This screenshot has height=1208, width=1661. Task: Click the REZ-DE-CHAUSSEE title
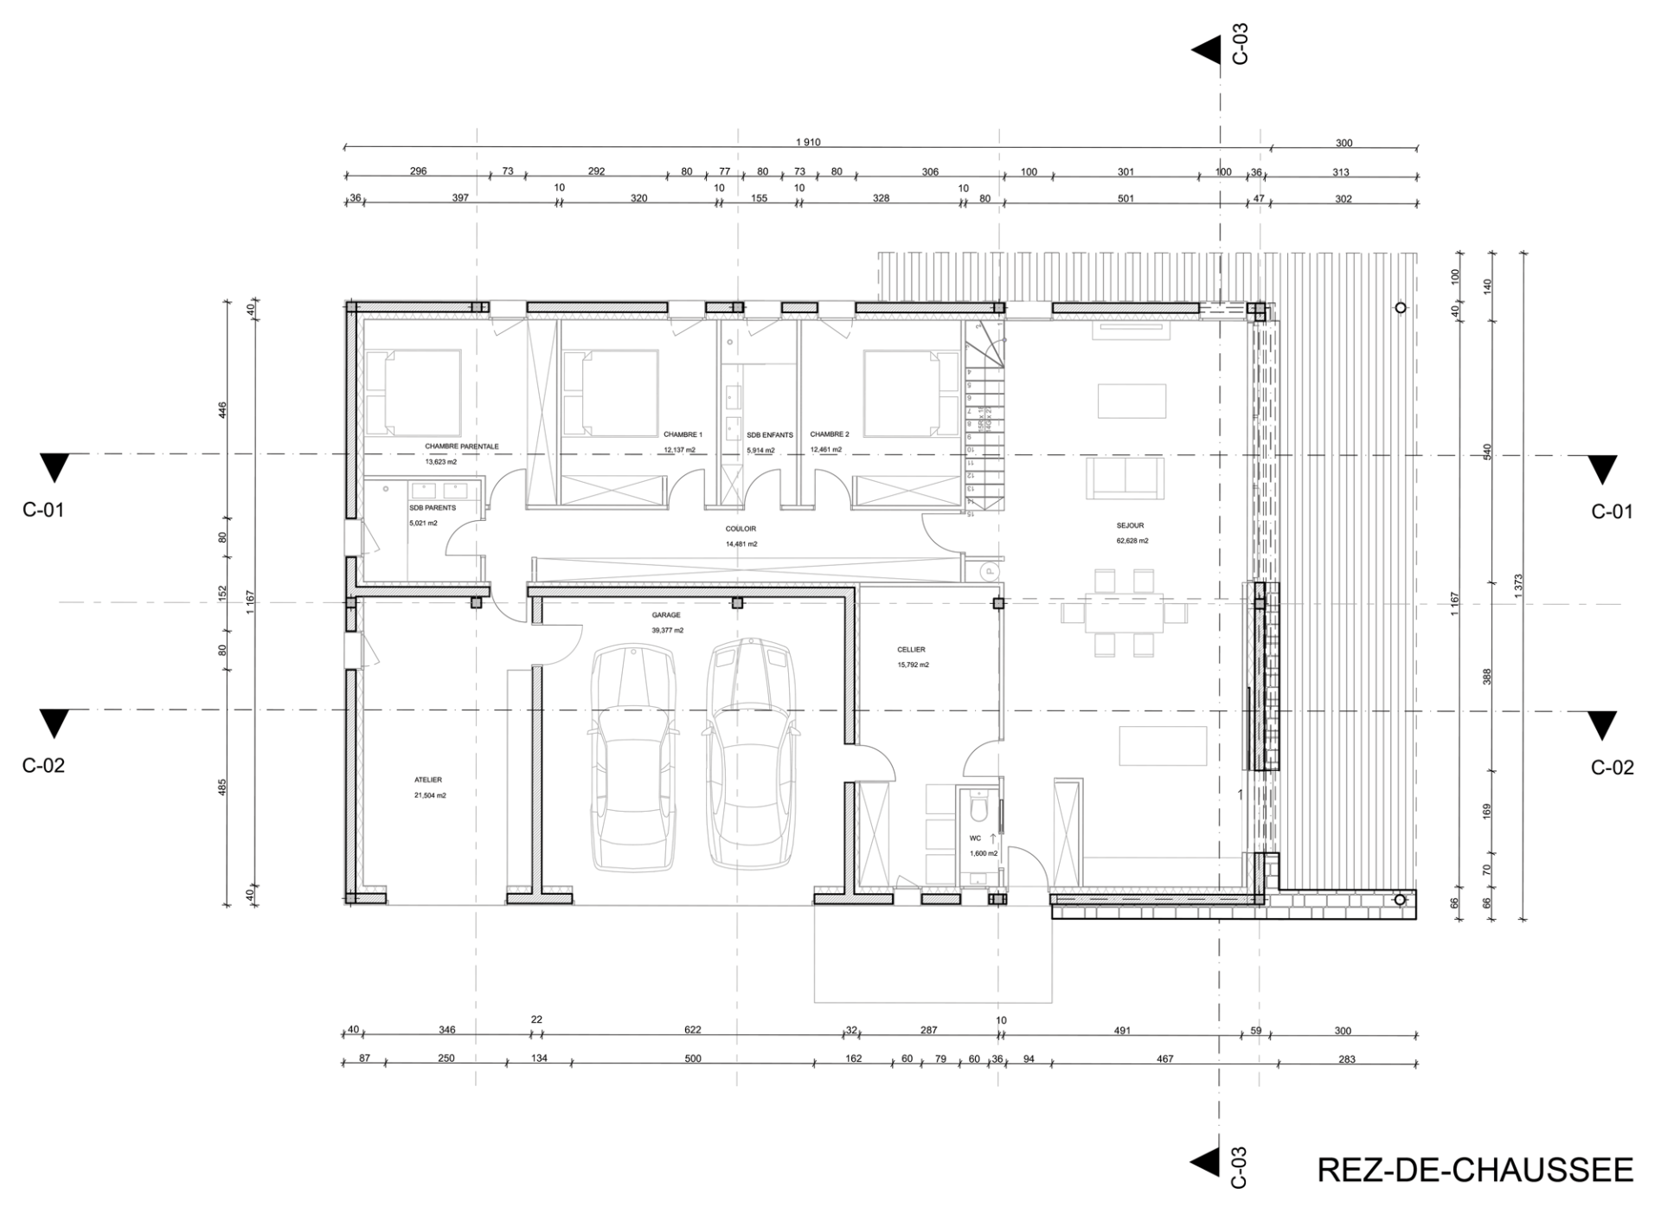point(1474,1169)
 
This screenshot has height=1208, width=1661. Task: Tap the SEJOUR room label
point(1130,525)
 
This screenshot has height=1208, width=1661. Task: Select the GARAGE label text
point(666,615)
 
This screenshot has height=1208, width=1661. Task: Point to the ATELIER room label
point(428,780)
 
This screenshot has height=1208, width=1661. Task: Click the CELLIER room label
point(911,649)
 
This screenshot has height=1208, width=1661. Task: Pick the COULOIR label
point(741,529)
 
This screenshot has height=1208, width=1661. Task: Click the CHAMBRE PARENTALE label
point(461,447)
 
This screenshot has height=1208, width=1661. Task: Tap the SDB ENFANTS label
point(769,435)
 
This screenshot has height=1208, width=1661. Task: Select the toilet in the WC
point(979,808)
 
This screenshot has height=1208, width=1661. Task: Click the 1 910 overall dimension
point(808,143)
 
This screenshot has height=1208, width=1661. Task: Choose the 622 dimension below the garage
point(692,1030)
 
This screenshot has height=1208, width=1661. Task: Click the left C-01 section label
point(43,510)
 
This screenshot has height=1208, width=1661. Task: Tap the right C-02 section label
point(1612,768)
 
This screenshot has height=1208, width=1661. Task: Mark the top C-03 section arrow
point(1206,50)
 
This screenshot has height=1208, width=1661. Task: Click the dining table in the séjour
point(1125,613)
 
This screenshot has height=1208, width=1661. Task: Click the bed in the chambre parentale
point(413,393)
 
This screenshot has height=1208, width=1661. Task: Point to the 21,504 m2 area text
point(430,795)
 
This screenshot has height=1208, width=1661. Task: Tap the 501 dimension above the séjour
point(1125,198)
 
